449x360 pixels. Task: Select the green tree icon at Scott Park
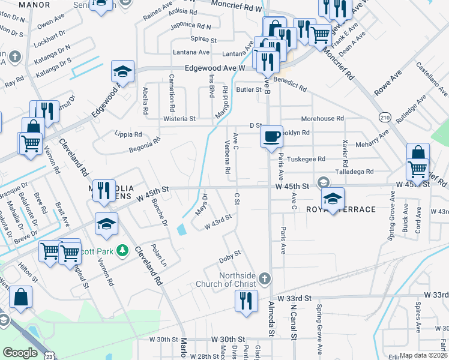[122, 250]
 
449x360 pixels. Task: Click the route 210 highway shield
[385, 116]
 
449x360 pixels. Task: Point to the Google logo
[20, 352]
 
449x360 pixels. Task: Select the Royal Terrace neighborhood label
[349, 209]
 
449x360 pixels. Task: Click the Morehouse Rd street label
[322, 119]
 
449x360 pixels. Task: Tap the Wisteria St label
[179, 119]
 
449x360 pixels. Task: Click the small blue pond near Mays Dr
[181, 229]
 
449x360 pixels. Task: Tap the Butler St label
[249, 90]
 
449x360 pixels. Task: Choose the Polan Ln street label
[159, 256]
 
